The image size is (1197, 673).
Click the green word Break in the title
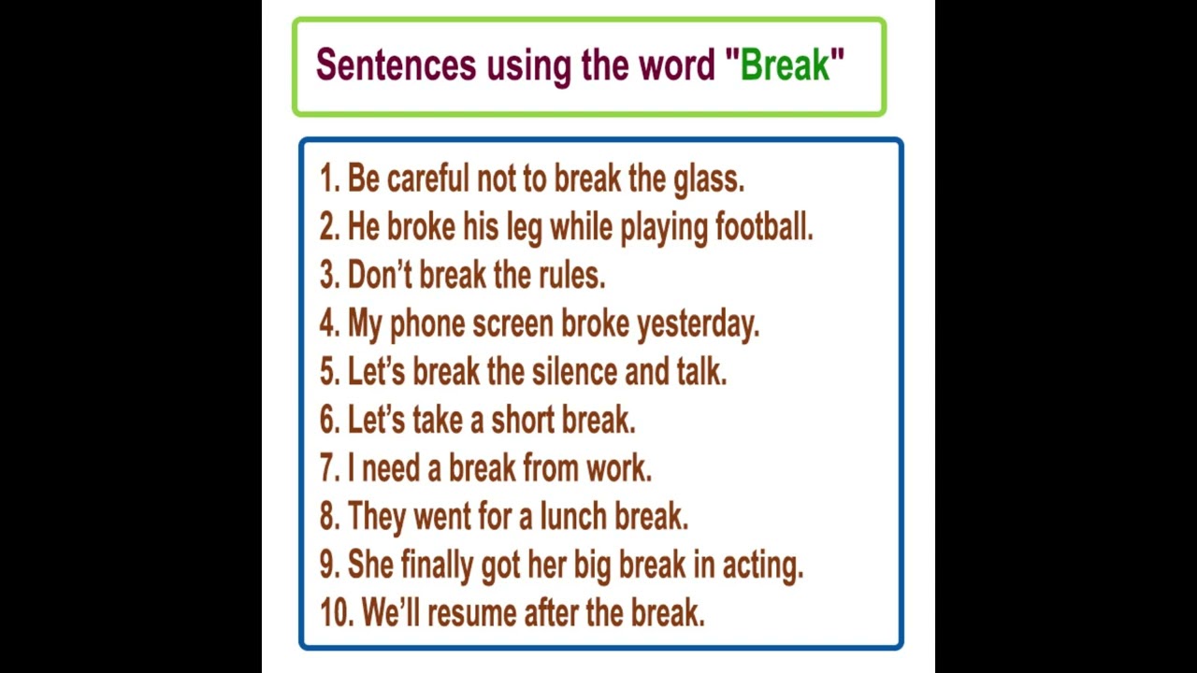(x=785, y=65)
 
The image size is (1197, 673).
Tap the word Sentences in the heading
(x=396, y=65)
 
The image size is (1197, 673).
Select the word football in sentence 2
(x=763, y=227)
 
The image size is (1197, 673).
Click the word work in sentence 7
(x=617, y=468)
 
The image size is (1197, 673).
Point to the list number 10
(x=335, y=614)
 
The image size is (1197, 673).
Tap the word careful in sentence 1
(x=427, y=179)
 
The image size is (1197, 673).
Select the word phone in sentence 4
(x=426, y=324)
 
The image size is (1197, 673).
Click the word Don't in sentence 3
(x=379, y=276)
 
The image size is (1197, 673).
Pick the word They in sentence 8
(x=376, y=517)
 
